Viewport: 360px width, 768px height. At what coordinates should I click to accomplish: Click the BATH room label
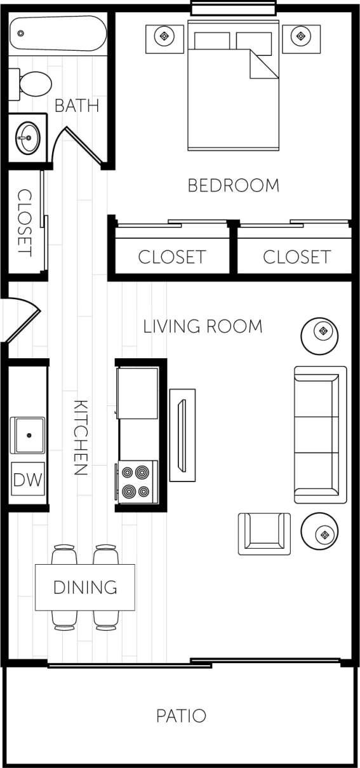coord(77,105)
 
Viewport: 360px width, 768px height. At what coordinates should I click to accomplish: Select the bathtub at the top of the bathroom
coord(58,34)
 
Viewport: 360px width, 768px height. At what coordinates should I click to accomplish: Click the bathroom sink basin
coord(28,135)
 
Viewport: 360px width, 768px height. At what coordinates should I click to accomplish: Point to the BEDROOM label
coord(233,185)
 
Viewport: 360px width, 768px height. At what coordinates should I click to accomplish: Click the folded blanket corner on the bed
coord(264,65)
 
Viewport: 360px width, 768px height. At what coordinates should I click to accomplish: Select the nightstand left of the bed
coord(165,37)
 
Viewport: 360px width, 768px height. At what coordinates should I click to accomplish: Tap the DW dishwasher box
coord(28,480)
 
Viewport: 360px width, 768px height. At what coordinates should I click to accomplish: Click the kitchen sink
coord(28,435)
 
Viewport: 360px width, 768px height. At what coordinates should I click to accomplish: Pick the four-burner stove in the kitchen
coord(137,482)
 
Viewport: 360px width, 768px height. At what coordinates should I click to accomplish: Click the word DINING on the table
coord(85,587)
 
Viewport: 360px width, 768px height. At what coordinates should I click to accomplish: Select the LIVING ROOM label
coord(203,327)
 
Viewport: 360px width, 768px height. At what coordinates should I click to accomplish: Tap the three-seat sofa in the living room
coord(320,435)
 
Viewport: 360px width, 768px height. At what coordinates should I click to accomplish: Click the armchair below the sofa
coord(264,533)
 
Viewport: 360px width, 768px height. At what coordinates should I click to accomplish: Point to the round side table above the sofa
coord(323,332)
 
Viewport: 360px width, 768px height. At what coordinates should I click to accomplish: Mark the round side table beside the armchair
coord(324,534)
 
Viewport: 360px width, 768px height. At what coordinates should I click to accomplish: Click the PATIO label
coord(181,716)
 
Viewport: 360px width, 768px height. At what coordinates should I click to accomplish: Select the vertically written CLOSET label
coord(25,222)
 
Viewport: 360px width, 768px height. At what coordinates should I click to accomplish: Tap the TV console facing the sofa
coord(182,435)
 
